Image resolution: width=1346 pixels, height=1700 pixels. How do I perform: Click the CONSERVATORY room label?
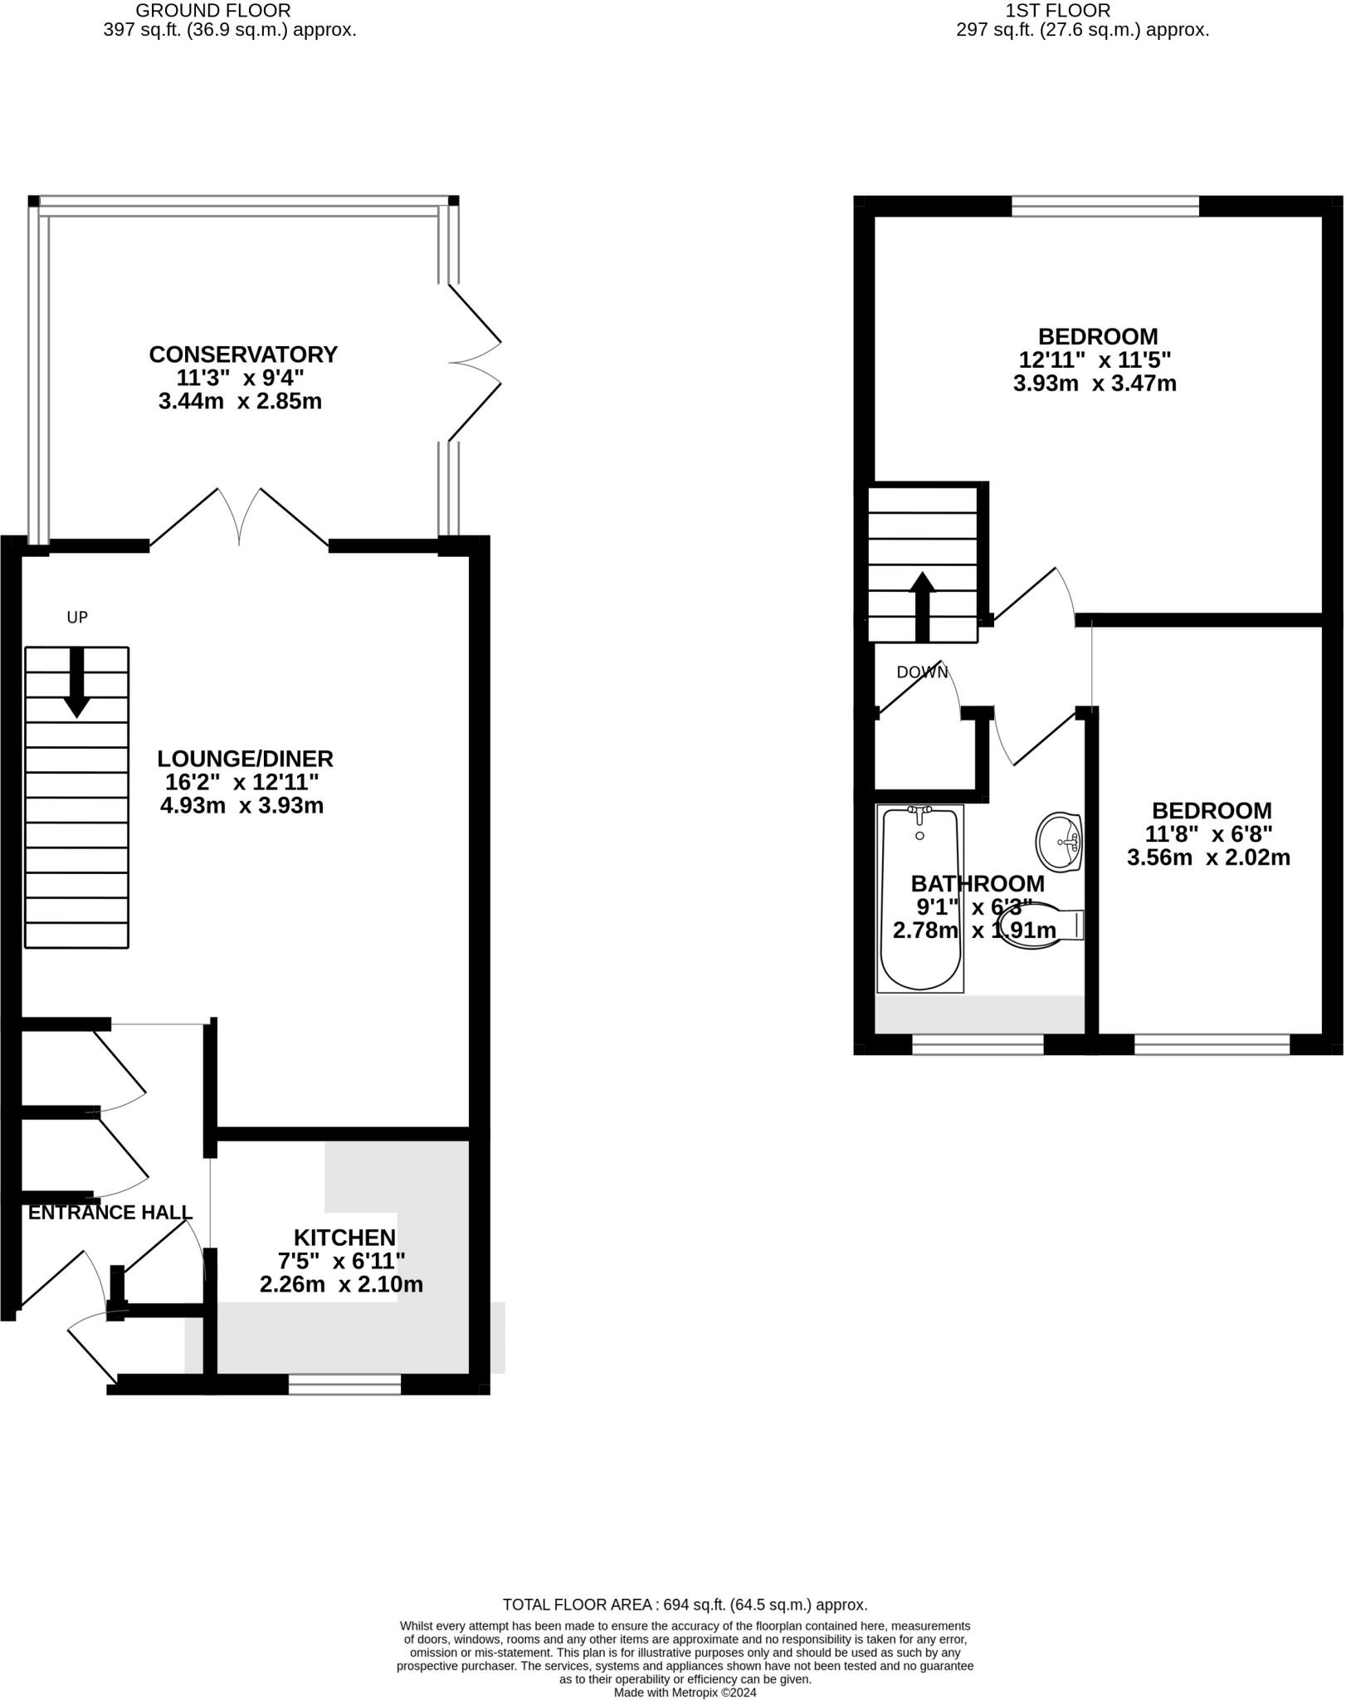click(x=243, y=354)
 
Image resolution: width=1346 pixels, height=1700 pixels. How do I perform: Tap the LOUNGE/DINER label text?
click(x=246, y=759)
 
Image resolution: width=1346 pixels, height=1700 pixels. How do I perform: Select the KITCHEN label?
click(x=344, y=1238)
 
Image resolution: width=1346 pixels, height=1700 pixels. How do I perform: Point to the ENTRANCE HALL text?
click(x=110, y=1213)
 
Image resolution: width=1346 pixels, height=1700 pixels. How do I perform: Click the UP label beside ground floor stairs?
click(x=77, y=618)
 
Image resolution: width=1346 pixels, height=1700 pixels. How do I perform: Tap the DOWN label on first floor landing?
click(x=921, y=672)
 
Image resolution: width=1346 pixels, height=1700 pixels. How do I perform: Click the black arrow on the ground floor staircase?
click(x=77, y=682)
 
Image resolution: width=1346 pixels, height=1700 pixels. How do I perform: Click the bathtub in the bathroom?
click(x=919, y=900)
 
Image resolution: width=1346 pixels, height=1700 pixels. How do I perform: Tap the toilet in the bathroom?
click(x=1044, y=926)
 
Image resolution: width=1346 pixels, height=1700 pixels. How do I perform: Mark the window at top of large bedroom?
click(x=1105, y=207)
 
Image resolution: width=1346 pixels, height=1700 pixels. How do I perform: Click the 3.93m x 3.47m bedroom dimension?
click(x=1095, y=383)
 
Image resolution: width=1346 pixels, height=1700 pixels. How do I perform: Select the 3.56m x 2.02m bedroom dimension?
click(x=1207, y=858)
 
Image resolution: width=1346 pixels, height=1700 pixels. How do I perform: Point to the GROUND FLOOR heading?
click(x=213, y=11)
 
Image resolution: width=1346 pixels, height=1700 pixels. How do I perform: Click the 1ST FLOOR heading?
click(x=1057, y=11)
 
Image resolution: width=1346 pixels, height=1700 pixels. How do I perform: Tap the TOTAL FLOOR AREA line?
click(x=685, y=1605)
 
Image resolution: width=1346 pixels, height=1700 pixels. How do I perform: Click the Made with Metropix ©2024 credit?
click(x=685, y=1692)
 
